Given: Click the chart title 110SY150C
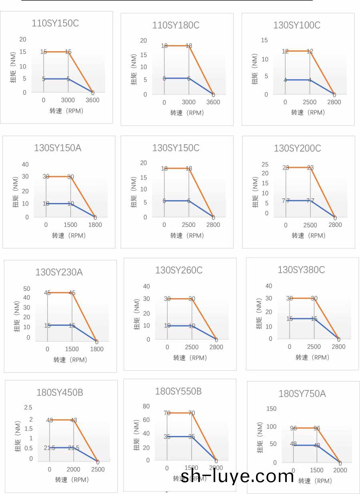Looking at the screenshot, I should [55, 23].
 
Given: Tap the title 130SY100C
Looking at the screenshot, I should [297, 25].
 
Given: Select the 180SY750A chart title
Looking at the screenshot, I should [302, 394].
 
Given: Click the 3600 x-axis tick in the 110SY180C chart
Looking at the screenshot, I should [213, 102].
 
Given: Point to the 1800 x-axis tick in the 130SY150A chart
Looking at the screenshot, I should [95, 225].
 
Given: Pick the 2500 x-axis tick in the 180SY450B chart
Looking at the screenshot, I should [98, 469].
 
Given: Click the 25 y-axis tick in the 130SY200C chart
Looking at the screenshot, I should [265, 164].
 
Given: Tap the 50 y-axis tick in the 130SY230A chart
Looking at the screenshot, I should [27, 289].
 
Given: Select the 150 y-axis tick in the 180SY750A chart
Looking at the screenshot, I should [271, 408].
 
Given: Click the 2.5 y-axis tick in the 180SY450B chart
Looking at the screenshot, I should [28, 407].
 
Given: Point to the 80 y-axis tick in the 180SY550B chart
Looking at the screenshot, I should [146, 406].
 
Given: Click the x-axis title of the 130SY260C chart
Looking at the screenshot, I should [190, 358].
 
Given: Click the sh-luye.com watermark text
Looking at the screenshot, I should [238, 476].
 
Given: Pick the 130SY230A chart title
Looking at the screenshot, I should [59, 273].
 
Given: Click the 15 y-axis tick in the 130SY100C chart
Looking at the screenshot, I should [264, 40].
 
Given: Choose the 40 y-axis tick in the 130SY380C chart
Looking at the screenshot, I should [269, 286].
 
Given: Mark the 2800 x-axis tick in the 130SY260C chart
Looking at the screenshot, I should [216, 347].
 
